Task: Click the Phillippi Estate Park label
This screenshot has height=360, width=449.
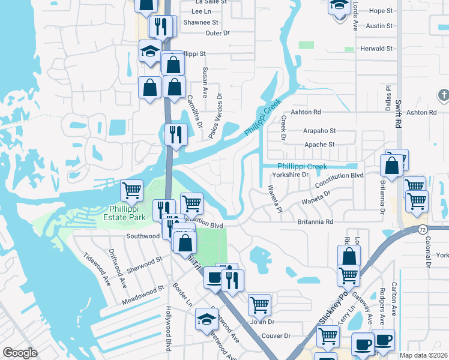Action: coord(124,213)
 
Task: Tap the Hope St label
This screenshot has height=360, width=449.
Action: coord(381,11)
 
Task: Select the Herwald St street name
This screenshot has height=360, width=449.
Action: coord(376,49)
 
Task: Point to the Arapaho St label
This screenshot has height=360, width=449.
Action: coord(319,131)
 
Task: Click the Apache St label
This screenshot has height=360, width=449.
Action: coord(319,145)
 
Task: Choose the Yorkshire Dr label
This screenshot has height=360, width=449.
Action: coord(290,175)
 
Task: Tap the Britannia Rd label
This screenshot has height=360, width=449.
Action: coord(315,222)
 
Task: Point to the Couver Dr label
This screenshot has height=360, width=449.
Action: coord(276,336)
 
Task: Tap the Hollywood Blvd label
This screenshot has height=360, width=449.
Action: coord(168,329)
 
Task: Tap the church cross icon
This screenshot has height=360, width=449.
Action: coord(444,95)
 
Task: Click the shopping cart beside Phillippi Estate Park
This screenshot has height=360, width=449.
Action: coord(132,191)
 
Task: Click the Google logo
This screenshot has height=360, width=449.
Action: coord(19,353)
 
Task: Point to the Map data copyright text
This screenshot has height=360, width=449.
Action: coord(424,355)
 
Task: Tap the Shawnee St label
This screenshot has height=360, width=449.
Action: coord(196,22)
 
